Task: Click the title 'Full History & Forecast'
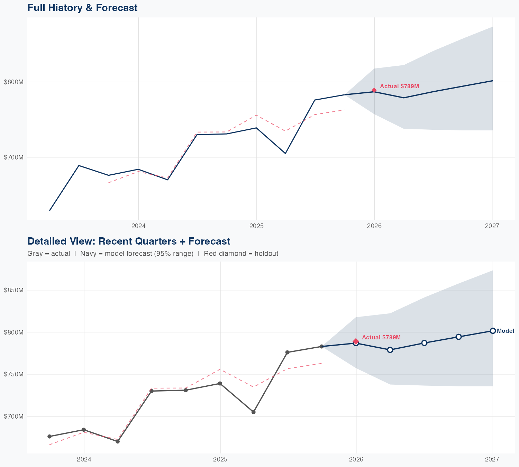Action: click(82, 8)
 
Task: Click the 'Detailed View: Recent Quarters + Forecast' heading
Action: click(129, 241)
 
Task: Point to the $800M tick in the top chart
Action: click(14, 82)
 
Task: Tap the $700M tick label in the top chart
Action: click(14, 157)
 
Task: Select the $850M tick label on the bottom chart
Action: click(14, 290)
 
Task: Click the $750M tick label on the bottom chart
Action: click(14, 374)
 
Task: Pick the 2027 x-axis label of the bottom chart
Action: click(492, 459)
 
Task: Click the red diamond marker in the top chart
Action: click(374, 90)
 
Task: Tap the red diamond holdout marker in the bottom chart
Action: click(356, 341)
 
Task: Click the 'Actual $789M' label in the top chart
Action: click(400, 86)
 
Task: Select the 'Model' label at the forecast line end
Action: click(506, 331)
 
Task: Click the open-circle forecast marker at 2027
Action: click(493, 331)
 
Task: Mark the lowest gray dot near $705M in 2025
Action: click(254, 412)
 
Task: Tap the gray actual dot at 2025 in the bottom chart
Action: click(220, 383)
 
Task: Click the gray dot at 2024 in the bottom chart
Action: click(84, 430)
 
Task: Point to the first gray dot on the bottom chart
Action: click(49, 437)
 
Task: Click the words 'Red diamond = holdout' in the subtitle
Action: click(241, 254)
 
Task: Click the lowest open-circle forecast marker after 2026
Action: click(390, 350)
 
